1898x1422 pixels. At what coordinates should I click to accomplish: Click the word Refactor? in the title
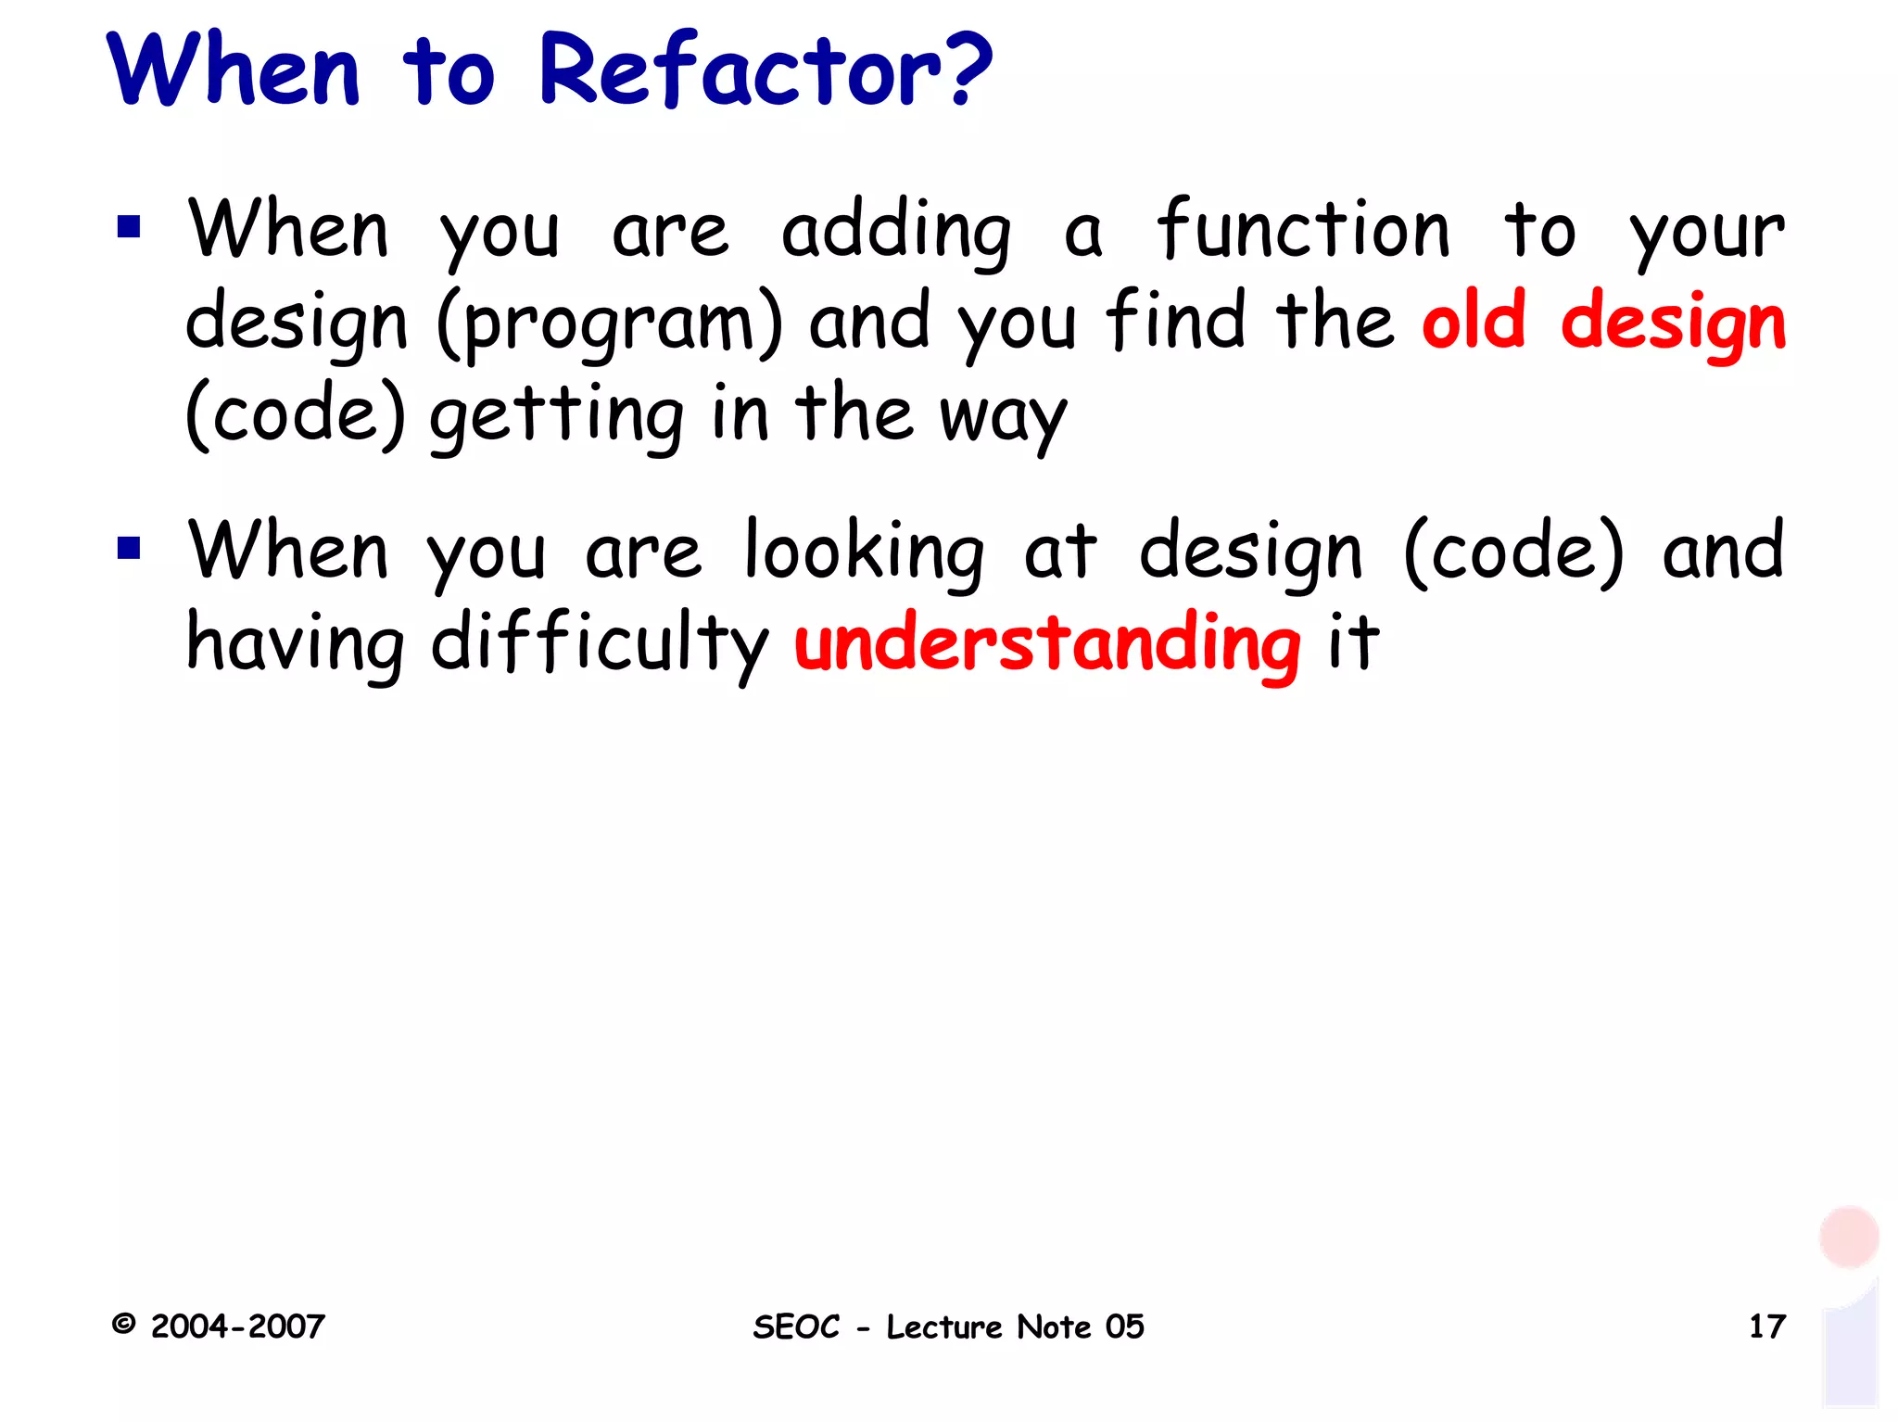[765, 70]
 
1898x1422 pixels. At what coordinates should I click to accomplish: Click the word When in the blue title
[234, 70]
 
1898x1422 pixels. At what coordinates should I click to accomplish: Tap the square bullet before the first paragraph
[129, 227]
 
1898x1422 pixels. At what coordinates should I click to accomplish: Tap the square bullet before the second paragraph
[129, 548]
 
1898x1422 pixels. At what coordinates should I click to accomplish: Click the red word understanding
[1047, 642]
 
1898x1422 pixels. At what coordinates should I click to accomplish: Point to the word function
[1302, 229]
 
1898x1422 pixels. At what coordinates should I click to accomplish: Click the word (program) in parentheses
[610, 324]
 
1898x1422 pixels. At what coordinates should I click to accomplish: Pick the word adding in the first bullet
[895, 232]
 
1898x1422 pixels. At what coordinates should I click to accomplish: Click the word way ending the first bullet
[1003, 418]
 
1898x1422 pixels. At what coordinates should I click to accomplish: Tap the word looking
[864, 552]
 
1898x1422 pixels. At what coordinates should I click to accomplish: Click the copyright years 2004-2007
[237, 1327]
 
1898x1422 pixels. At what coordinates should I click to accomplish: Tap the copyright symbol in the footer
[123, 1324]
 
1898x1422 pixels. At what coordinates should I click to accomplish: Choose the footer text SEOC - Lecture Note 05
[948, 1327]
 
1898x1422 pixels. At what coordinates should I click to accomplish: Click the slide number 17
[1766, 1327]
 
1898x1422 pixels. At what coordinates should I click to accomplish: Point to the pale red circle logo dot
[1849, 1237]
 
